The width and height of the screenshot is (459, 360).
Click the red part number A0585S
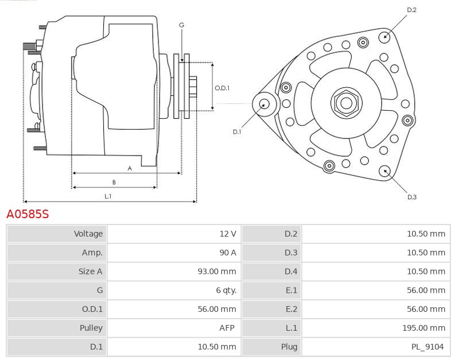click(x=28, y=214)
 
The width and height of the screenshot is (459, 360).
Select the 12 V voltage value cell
click(x=228, y=234)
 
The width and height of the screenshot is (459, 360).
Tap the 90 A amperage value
click(x=228, y=253)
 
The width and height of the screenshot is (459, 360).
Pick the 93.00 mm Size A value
click(x=216, y=272)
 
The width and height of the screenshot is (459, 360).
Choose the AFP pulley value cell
click(x=226, y=328)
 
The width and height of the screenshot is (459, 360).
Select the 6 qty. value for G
click(x=225, y=291)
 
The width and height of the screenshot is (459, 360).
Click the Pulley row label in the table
click(x=91, y=328)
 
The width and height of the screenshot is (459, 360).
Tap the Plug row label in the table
click(x=289, y=347)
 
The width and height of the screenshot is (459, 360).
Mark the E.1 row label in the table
click(x=291, y=291)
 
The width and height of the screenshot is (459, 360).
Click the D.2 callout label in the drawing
click(x=411, y=10)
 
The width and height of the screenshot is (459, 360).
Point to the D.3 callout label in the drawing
click(x=411, y=197)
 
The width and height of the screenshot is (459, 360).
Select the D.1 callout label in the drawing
click(x=236, y=132)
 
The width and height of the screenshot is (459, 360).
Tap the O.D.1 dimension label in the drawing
click(x=222, y=88)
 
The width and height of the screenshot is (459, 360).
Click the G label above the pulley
click(x=181, y=25)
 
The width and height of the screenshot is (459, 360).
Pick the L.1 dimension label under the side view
click(x=107, y=196)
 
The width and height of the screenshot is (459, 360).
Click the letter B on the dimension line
click(x=114, y=182)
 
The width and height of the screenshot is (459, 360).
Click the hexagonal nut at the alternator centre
click(x=346, y=103)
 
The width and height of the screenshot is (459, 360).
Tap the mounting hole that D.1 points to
click(x=264, y=104)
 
